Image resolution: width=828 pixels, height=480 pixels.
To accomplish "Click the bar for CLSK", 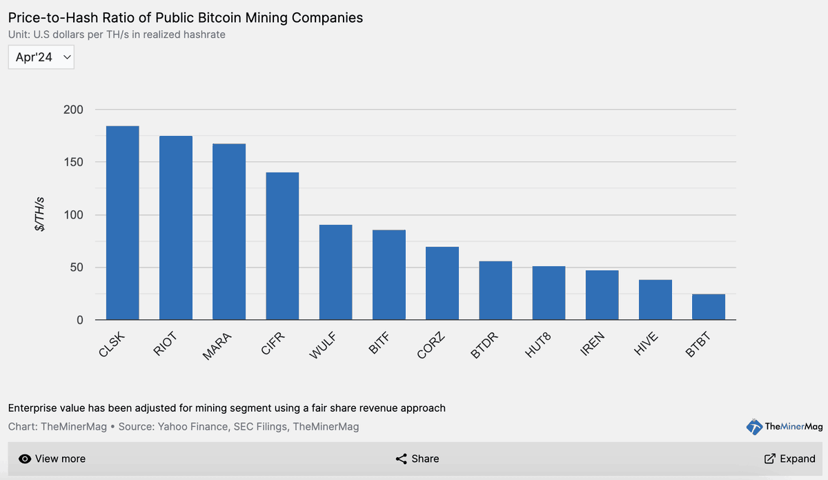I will (x=122, y=223).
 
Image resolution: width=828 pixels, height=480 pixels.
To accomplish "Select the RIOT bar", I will (x=176, y=228).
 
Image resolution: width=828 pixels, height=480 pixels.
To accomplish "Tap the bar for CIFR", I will (x=282, y=246).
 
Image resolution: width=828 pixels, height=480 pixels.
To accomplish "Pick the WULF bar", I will (x=335, y=272).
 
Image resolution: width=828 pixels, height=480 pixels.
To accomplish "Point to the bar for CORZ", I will (x=442, y=283).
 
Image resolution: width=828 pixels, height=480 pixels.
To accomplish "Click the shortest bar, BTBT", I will (x=709, y=307).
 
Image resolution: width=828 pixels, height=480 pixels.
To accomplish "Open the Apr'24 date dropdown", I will (x=41, y=57).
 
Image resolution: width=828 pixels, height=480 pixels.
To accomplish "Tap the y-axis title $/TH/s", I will (x=41, y=214).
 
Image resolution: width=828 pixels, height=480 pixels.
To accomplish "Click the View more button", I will (x=52, y=459).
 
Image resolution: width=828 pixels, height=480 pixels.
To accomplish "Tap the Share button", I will (x=417, y=459).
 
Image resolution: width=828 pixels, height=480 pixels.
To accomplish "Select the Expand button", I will (x=789, y=459).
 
